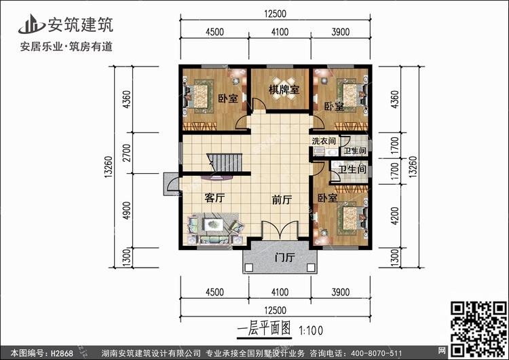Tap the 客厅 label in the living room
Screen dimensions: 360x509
coord(214,198)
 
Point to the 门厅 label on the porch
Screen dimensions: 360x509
coord(284,257)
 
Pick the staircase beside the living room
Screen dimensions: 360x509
coord(225,163)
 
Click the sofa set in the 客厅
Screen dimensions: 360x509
coord(212,228)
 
